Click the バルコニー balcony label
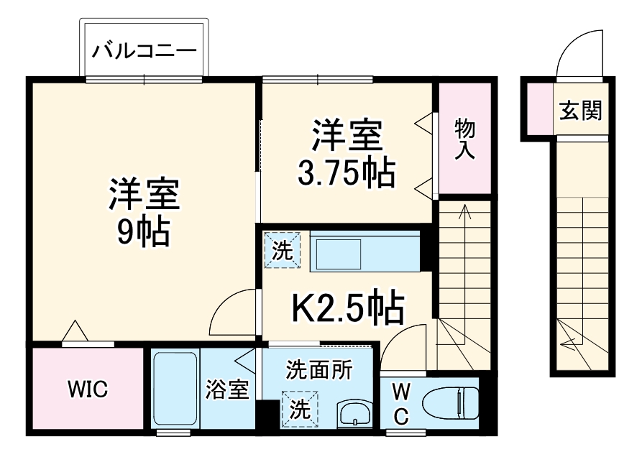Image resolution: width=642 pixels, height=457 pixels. click(x=145, y=52)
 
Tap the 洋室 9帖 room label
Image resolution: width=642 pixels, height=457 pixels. click(x=143, y=212)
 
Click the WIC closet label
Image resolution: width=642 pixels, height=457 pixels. click(x=88, y=389)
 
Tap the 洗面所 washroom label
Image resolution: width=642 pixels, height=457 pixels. click(x=319, y=369)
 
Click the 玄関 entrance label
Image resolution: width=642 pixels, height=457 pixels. click(x=580, y=111)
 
